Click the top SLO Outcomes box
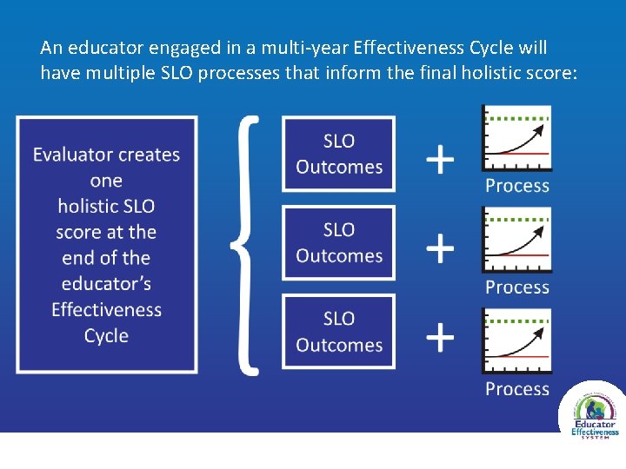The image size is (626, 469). click(x=339, y=154)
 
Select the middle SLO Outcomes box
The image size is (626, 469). click(x=339, y=242)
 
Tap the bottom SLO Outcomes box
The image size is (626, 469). click(x=339, y=332)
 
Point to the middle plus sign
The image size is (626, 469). click(x=440, y=248)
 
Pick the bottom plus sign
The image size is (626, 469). click(x=440, y=336)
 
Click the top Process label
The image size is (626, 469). click(x=517, y=186)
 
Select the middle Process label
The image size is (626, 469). click(x=517, y=287)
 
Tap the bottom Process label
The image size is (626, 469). click(x=517, y=389)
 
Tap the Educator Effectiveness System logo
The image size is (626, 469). click(x=592, y=412)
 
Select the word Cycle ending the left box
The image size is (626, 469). click(x=106, y=336)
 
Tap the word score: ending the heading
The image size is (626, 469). click(x=551, y=74)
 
